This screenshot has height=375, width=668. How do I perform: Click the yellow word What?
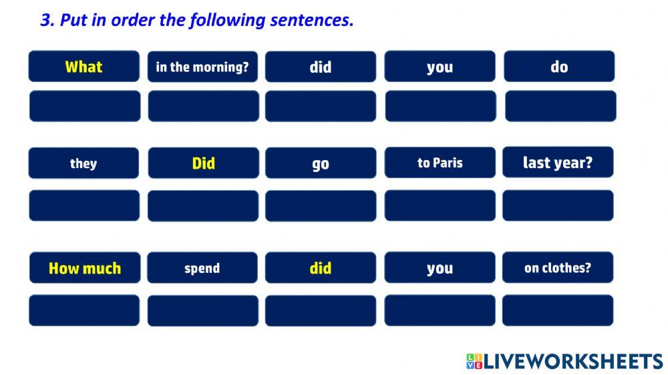(x=83, y=67)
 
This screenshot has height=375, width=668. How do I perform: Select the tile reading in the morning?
(x=202, y=67)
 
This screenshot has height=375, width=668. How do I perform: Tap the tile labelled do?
(x=559, y=67)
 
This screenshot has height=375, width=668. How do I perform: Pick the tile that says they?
(x=83, y=163)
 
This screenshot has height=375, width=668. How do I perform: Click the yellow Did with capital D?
(x=203, y=163)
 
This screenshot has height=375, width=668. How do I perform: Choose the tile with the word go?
(x=321, y=163)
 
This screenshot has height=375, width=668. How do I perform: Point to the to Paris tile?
(x=440, y=163)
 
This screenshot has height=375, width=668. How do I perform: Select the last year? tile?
(x=558, y=163)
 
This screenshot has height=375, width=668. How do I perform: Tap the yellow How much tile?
(x=85, y=268)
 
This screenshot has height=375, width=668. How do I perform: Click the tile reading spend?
(x=202, y=268)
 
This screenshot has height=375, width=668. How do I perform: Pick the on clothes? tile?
(x=558, y=268)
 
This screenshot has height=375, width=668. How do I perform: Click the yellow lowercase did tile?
(x=321, y=268)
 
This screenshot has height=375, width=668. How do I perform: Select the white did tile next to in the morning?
(x=321, y=67)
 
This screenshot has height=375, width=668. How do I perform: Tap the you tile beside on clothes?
(x=440, y=268)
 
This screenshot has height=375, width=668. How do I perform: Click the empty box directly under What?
(x=85, y=106)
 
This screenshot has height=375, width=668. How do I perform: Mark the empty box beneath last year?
(x=558, y=206)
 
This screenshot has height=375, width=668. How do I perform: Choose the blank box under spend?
(x=202, y=310)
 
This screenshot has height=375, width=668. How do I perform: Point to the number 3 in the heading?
(x=45, y=20)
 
